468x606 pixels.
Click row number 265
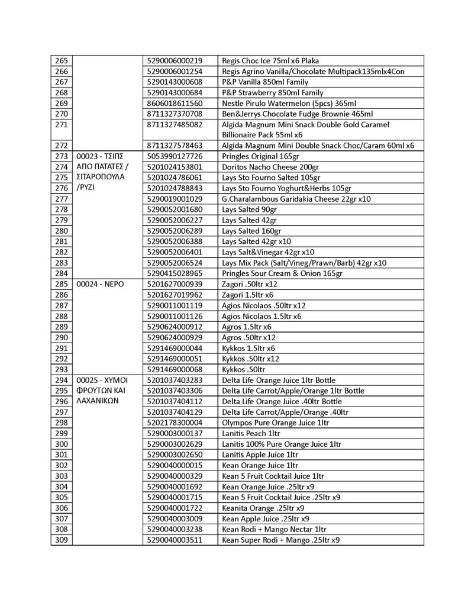click(61, 60)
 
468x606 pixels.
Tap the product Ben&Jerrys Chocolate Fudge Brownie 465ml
click(297, 114)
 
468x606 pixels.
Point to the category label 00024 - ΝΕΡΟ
click(99, 284)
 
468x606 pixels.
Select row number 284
click(61, 273)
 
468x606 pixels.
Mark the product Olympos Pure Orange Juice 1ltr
click(275, 423)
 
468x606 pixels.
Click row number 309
click(61, 540)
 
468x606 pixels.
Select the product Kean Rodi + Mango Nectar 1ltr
click(274, 529)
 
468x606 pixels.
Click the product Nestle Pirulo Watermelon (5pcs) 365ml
click(289, 103)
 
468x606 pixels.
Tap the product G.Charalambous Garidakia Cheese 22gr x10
click(296, 199)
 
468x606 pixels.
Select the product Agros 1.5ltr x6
click(246, 327)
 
